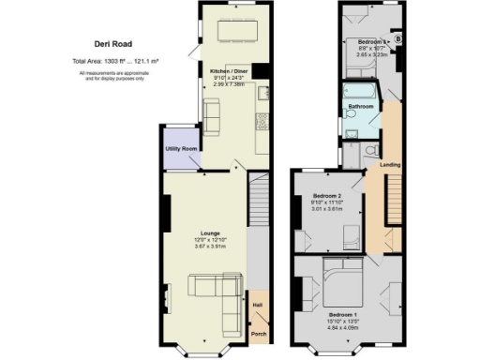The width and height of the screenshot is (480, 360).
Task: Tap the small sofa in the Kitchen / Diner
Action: [213, 116]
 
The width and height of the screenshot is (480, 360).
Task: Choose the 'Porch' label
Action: [257, 334]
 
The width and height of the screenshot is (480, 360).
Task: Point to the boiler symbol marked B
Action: [397, 39]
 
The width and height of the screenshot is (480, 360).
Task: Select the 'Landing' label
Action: [390, 166]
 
